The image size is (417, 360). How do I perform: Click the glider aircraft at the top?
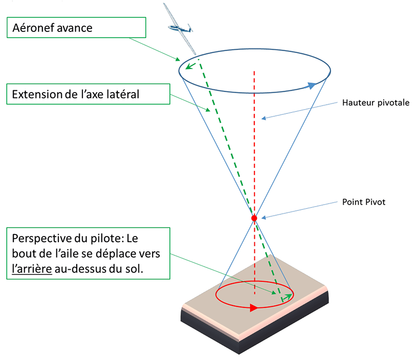(x=180, y=27)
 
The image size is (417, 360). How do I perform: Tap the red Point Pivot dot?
(x=254, y=218)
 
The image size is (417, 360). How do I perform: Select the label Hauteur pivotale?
(x=375, y=103)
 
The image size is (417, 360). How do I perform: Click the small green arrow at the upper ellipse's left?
(x=192, y=65)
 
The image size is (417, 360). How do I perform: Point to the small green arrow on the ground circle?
(x=287, y=297)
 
